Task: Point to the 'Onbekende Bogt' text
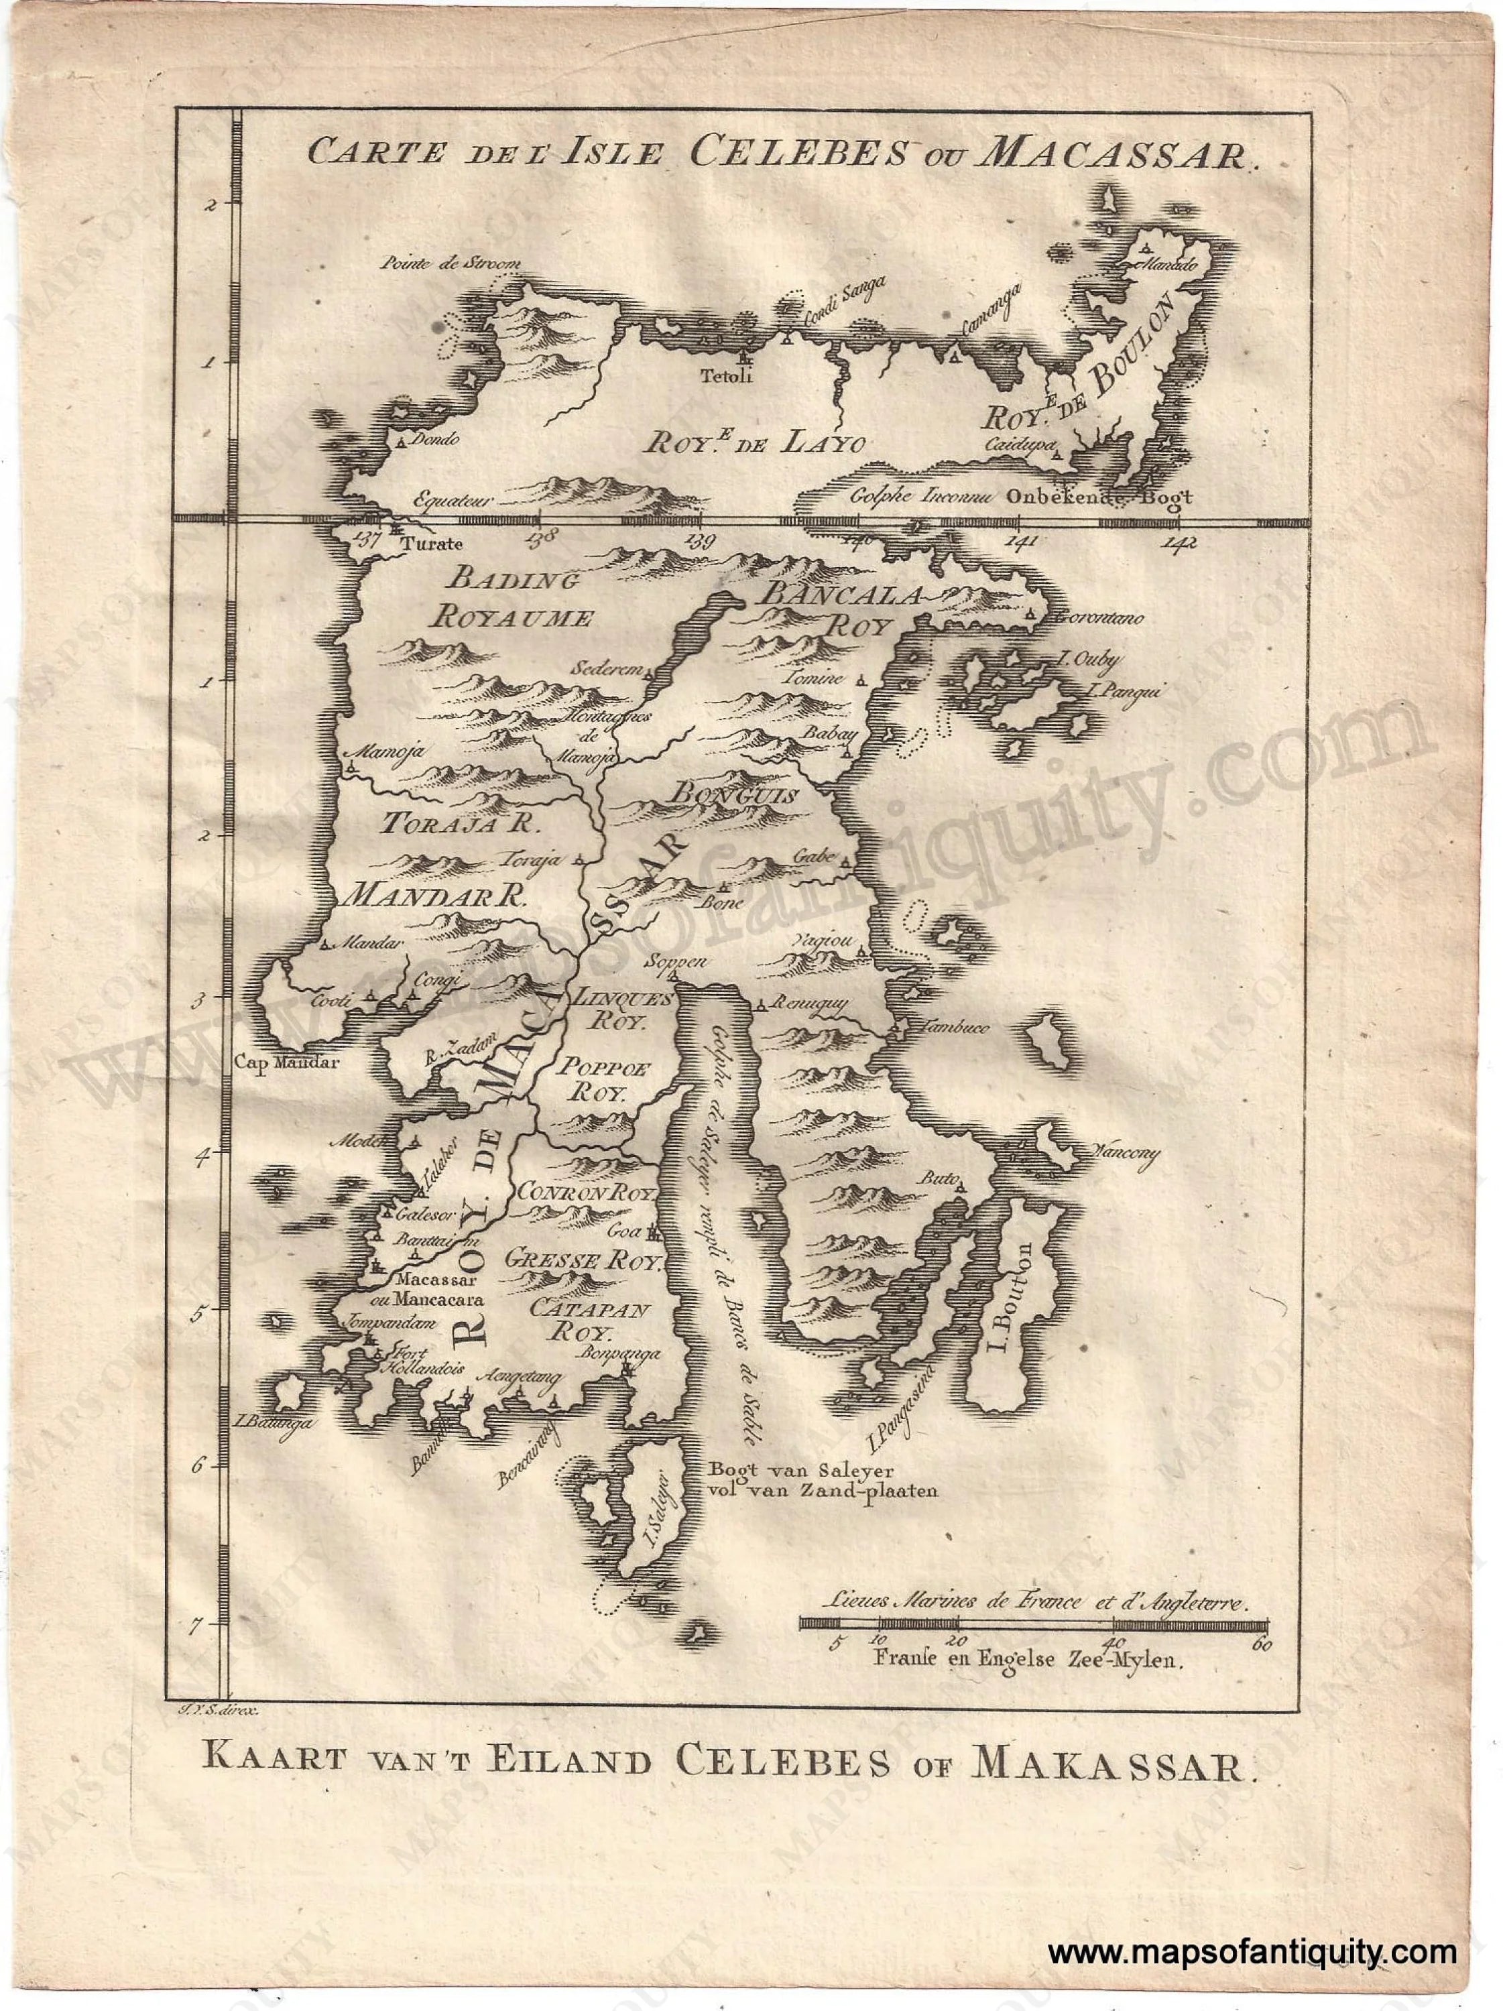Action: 1098,497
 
